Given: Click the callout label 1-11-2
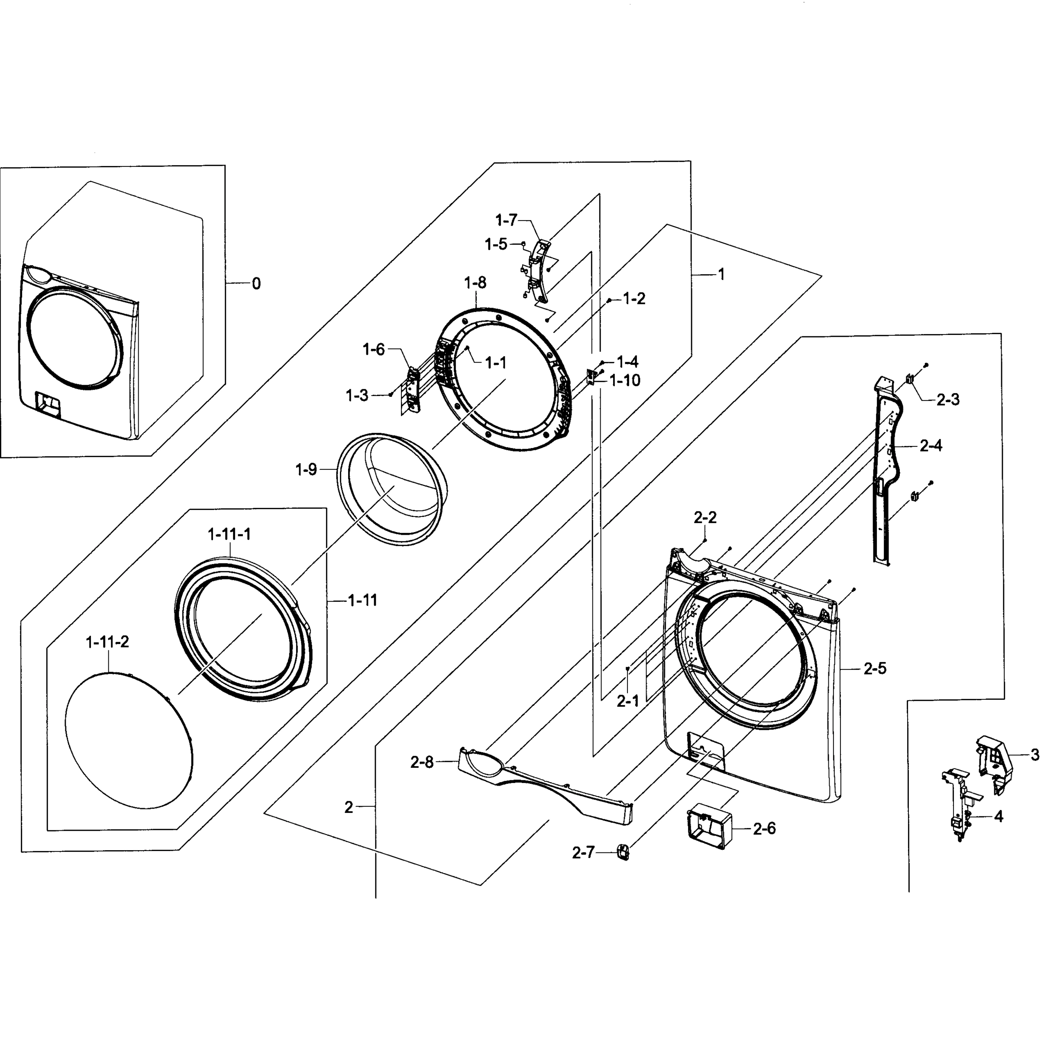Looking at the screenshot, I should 107,642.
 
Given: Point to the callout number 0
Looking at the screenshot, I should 256,283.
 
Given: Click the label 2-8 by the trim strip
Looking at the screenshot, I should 421,763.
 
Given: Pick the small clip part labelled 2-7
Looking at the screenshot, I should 623,852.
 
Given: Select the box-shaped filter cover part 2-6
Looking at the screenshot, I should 708,828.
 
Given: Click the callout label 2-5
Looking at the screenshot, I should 875,669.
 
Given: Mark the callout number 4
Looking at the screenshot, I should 999,817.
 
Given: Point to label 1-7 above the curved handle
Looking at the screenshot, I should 506,220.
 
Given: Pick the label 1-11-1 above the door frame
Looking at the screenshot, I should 229,534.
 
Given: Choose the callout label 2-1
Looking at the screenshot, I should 628,702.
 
